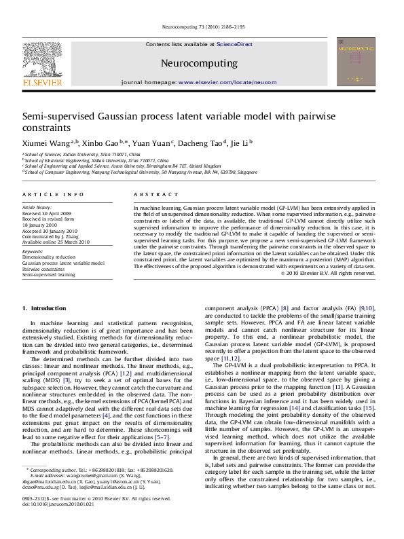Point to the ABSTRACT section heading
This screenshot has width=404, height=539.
150,194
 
